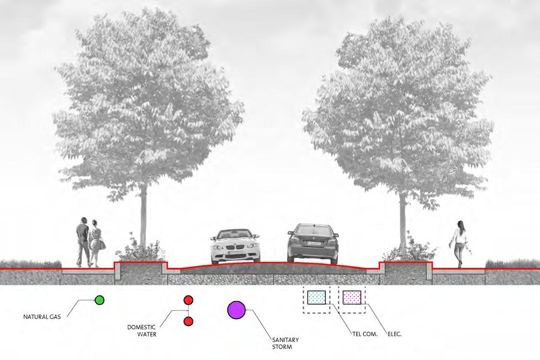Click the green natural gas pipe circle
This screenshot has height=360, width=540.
tap(99, 300)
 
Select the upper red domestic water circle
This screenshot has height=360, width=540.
tap(188, 300)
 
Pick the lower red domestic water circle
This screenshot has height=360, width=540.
tap(188, 322)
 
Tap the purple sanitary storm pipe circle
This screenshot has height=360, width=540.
tap(236, 310)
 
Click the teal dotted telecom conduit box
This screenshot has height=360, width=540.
tap(316, 298)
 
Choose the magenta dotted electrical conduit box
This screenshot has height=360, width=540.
tap(352, 298)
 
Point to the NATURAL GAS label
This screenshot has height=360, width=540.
tap(42, 317)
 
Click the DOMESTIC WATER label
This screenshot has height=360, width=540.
tap(142, 331)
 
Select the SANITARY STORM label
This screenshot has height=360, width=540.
tap(285, 343)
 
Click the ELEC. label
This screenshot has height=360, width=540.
tap(394, 334)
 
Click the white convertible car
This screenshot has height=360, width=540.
tap(236, 246)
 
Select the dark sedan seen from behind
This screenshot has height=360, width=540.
tap(313, 243)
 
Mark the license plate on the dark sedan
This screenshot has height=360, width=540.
tap(313, 243)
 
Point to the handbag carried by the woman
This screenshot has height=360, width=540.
tap(102, 244)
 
